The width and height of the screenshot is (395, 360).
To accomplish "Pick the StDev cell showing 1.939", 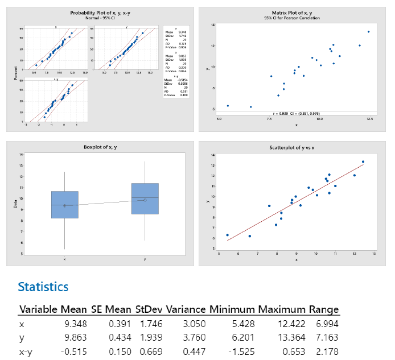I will pos(150,338).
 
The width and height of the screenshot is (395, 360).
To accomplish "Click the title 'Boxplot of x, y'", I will pos(100,148).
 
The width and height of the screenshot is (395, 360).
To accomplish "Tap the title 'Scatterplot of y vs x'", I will pos(295,148).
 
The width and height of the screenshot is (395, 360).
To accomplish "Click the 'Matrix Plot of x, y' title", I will pos(295,13).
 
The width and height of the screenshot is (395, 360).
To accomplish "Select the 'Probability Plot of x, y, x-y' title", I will pos(100,13).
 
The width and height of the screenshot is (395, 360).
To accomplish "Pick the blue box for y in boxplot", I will pos(145,198).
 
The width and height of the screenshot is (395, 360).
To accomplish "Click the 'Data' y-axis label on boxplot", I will pos(17,201).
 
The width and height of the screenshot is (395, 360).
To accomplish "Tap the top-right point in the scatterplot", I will pos(363,162).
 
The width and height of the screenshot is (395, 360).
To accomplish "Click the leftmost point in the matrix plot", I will pos(228,106).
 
